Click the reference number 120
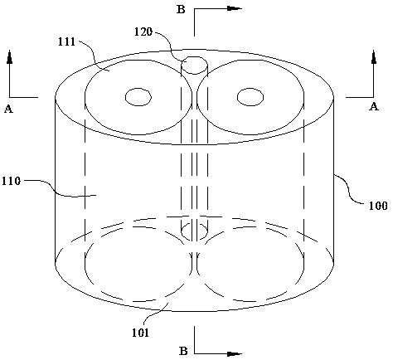pyautogui.click(x=143, y=32)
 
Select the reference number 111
pyautogui.click(x=66, y=41)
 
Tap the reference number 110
pyautogui.click(x=11, y=181)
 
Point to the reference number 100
pyautogui.click(x=378, y=206)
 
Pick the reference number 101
pyautogui.click(x=140, y=333)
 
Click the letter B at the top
pyautogui.click(x=181, y=9)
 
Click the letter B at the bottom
pyautogui.click(x=183, y=351)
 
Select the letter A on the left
pyautogui.click(x=8, y=109)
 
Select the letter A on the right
pyautogui.click(x=374, y=106)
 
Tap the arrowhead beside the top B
pyautogui.click(x=235, y=8)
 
